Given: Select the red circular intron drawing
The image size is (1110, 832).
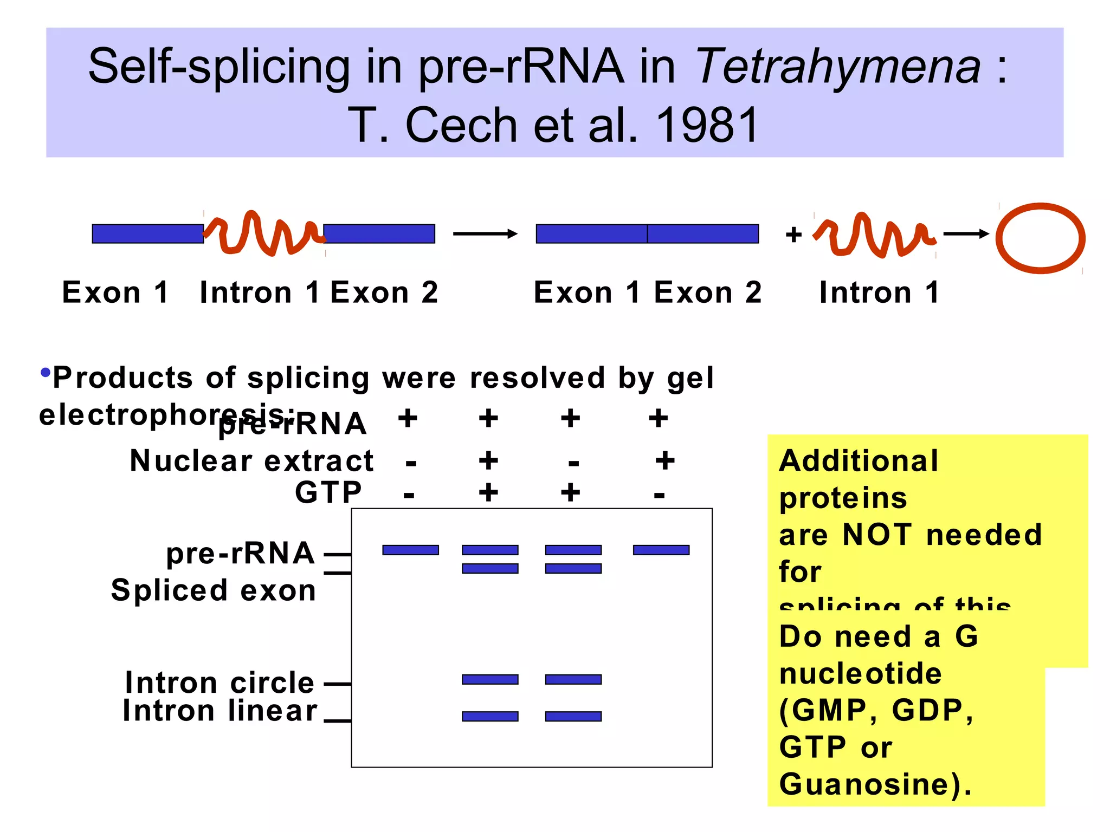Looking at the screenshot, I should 1040,238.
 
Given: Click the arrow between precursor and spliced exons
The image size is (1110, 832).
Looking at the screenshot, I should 485,234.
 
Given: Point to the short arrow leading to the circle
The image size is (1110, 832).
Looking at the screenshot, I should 966,234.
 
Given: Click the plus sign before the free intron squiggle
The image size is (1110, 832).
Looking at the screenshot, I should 793,235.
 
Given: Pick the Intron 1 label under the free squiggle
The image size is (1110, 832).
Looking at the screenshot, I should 879,293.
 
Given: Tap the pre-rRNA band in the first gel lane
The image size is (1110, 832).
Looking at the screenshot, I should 410,550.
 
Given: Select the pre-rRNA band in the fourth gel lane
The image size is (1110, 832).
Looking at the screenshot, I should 661,550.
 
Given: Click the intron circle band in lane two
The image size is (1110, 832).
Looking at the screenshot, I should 490,679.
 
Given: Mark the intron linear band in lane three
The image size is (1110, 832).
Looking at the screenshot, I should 573,716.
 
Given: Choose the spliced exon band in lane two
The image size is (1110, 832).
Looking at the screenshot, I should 490,568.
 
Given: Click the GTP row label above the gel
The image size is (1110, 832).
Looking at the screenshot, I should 328,492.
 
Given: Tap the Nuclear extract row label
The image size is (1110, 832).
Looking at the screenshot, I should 252,461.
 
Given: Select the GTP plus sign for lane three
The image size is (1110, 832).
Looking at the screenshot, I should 570,492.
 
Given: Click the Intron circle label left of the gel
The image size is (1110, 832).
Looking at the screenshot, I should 220,682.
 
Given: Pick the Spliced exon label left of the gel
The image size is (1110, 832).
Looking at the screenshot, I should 214,590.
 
